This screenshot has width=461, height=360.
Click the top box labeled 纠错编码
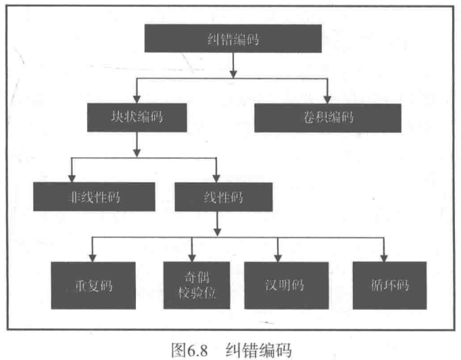232,39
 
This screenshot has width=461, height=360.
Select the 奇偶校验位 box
191,285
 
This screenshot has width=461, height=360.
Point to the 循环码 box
389,285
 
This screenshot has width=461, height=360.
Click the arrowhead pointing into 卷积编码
327,99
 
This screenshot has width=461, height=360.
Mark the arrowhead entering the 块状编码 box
137,99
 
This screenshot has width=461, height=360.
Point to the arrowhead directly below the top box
233,70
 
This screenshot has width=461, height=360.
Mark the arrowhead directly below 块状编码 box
137,150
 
